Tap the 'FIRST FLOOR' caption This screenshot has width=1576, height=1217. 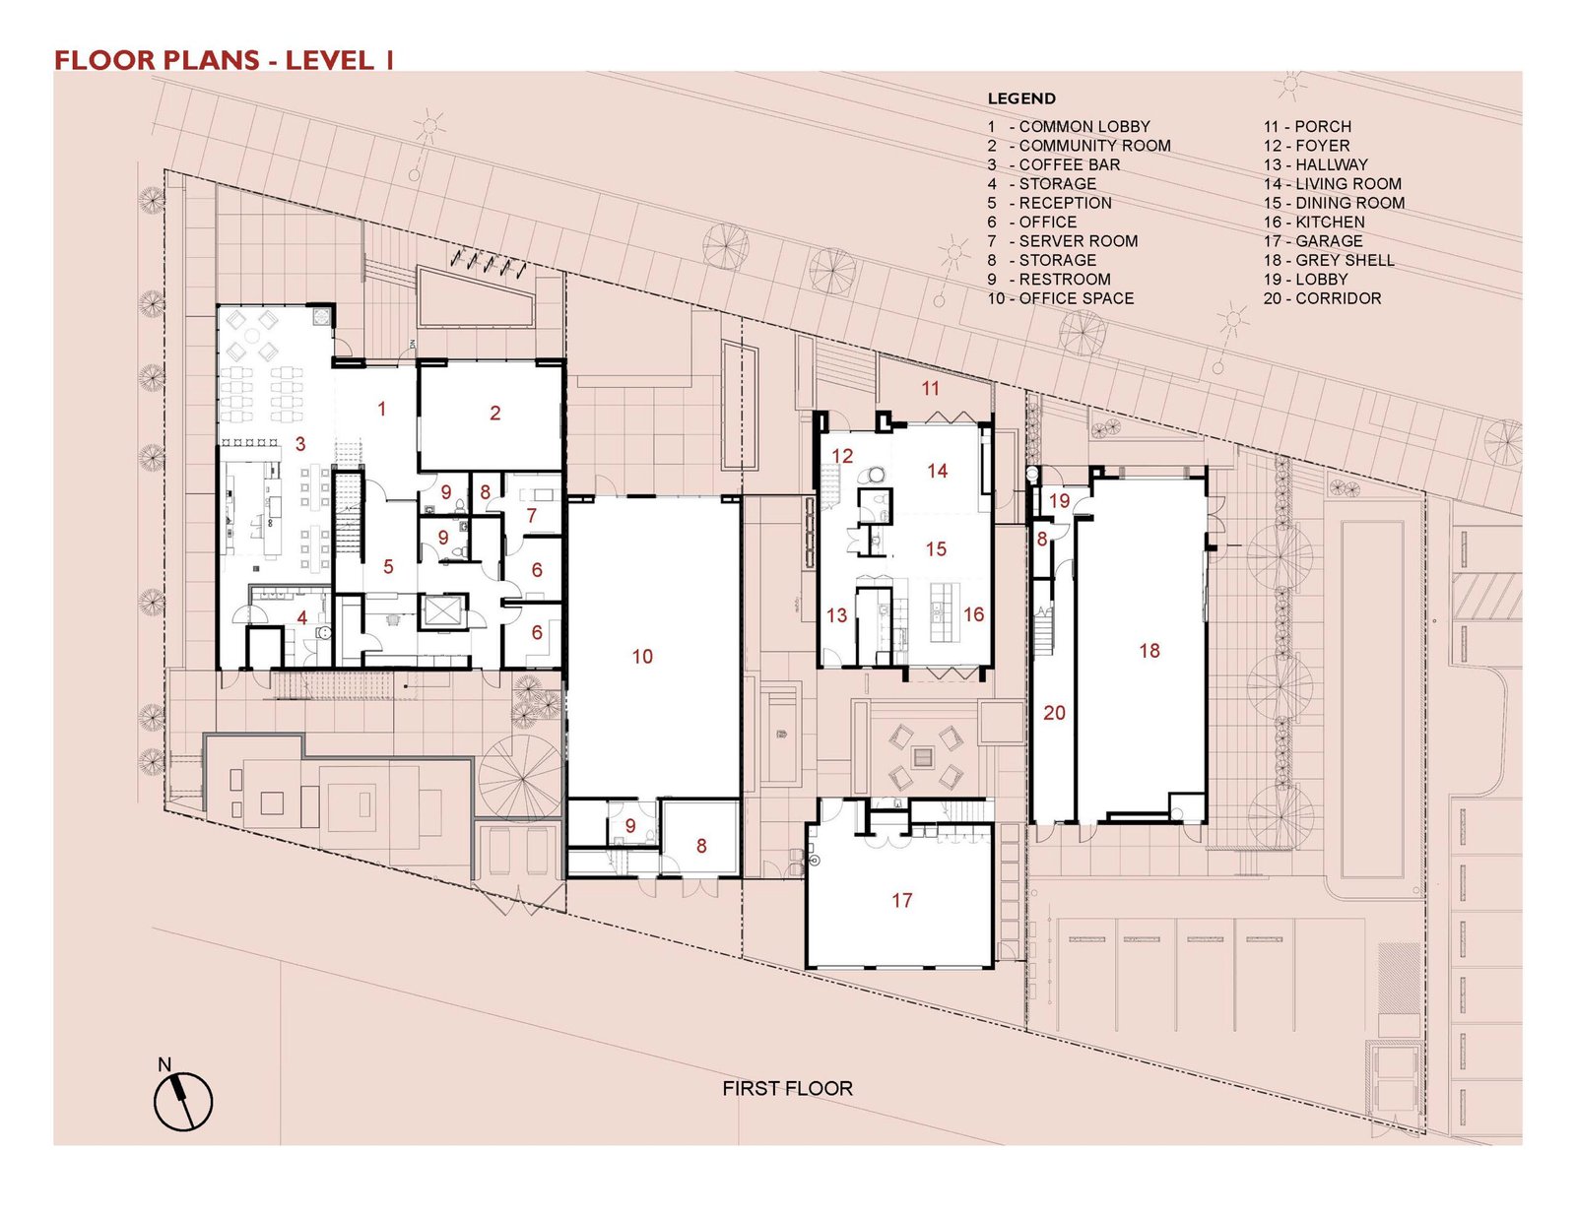click(x=787, y=1088)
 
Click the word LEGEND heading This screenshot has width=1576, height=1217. click(x=1021, y=98)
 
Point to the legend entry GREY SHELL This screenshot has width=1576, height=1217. click(x=1329, y=260)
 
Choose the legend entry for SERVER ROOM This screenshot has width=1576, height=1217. click(x=1063, y=240)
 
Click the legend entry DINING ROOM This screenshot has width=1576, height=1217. click(x=1334, y=203)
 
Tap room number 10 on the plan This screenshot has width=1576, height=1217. click(x=642, y=656)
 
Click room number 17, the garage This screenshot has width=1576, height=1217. click(x=901, y=900)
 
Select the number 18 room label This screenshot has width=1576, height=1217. click(x=1149, y=650)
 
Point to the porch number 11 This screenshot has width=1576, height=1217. click(x=930, y=389)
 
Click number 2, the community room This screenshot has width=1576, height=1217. click(x=494, y=413)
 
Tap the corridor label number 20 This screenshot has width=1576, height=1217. click(x=1054, y=713)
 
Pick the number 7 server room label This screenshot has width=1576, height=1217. click(x=532, y=515)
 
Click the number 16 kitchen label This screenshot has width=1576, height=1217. click(x=973, y=614)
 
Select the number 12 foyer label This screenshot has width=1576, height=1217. click(x=842, y=455)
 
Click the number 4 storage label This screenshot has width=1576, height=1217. click(x=301, y=617)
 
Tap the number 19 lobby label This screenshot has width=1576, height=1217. click(x=1060, y=501)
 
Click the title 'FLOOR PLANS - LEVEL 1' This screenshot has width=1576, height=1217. click(x=225, y=60)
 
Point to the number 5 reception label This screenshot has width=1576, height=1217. click(x=388, y=566)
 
